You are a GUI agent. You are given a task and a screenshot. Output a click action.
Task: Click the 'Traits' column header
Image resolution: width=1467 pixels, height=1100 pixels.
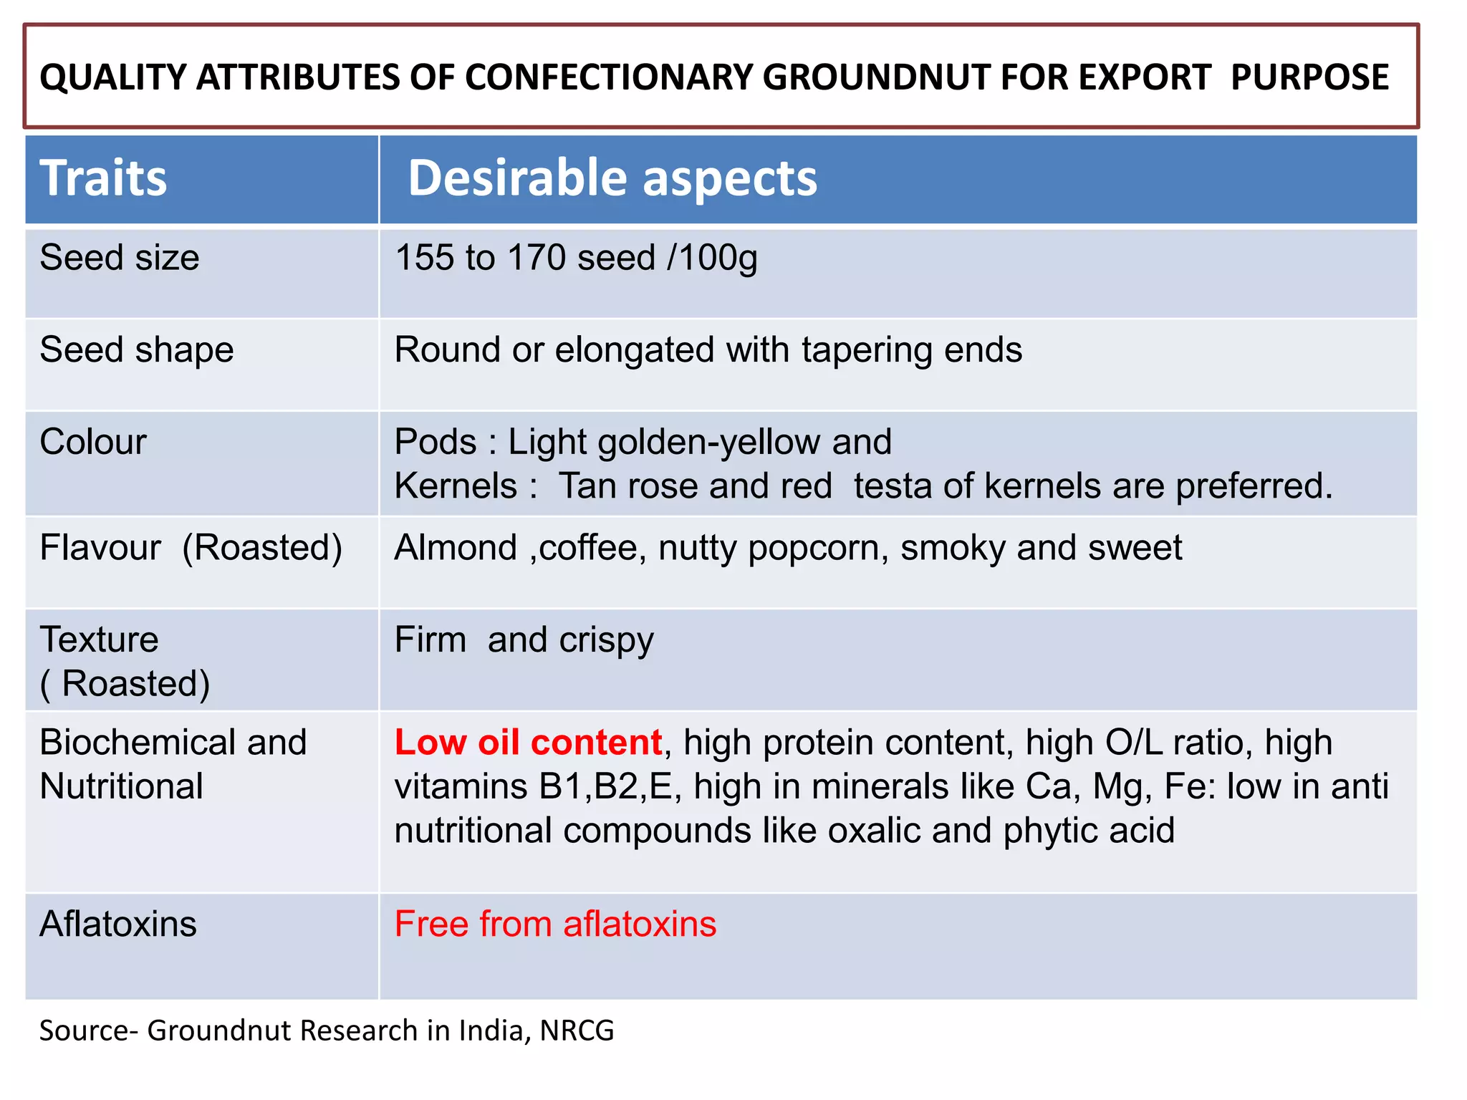click(103, 178)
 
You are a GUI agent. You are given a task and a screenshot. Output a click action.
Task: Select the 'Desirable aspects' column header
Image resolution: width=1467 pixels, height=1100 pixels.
click(612, 178)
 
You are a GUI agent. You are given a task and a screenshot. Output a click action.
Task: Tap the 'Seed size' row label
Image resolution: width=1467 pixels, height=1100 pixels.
click(120, 258)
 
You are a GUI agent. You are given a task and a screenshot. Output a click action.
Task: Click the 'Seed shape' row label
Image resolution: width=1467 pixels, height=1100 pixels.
click(137, 350)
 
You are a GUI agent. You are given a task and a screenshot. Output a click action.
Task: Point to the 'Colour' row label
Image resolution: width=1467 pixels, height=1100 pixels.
click(93, 442)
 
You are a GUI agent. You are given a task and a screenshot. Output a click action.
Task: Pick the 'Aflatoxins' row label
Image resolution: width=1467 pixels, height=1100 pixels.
click(118, 924)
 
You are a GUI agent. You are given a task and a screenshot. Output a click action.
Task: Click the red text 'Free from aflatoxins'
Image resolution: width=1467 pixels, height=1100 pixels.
click(555, 924)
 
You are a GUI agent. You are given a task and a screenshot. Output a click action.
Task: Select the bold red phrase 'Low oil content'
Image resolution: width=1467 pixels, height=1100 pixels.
click(528, 743)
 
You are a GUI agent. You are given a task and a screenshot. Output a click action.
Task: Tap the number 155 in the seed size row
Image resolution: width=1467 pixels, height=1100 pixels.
click(424, 258)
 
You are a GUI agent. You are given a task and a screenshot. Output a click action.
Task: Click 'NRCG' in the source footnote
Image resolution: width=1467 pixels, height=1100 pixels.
click(577, 1031)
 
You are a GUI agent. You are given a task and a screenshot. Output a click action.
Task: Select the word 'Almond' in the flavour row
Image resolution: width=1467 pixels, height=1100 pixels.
click(456, 548)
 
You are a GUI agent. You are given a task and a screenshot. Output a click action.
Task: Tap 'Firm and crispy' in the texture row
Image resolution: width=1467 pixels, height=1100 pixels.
click(524, 640)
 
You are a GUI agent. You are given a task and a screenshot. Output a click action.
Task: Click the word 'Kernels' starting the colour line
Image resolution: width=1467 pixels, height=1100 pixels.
click(456, 486)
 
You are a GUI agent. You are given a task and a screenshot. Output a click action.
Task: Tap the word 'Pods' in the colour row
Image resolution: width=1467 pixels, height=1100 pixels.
click(435, 442)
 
